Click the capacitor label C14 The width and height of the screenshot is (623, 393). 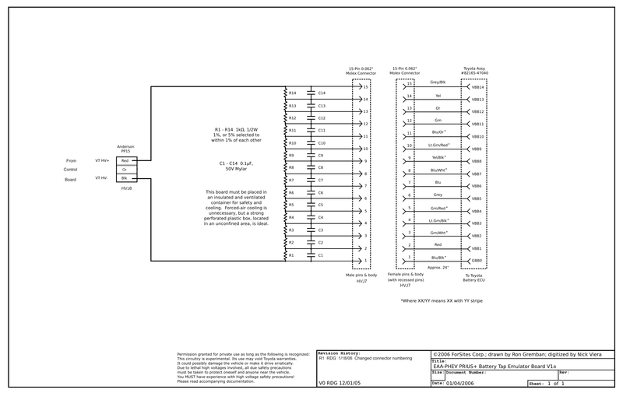(322, 93)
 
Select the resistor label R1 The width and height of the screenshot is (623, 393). (292, 255)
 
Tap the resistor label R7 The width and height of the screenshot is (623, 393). (292, 181)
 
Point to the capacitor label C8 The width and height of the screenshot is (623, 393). (321, 167)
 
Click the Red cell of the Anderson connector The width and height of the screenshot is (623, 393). (125, 161)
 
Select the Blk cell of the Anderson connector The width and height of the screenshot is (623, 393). (125, 178)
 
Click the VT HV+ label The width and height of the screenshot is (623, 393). (102, 161)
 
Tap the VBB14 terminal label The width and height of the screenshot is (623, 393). (477, 87)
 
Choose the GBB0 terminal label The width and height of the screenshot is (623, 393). (477, 260)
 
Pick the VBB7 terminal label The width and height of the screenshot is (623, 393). (477, 174)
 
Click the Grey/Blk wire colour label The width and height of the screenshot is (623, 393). (438, 82)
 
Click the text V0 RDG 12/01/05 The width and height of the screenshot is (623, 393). (341, 383)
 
